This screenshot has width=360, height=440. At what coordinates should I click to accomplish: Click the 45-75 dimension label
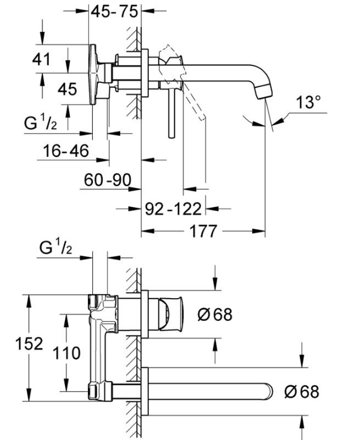click(x=114, y=11)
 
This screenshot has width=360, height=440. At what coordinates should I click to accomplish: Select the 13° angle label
click(x=308, y=102)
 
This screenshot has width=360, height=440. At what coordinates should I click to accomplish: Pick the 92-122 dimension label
click(x=174, y=208)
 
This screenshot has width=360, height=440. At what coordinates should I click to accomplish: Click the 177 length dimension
click(x=203, y=231)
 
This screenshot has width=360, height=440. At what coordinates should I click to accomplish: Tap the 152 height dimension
click(x=29, y=344)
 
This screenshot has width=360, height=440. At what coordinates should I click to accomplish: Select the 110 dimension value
click(x=67, y=353)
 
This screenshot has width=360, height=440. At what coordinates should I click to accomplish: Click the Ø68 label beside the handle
click(x=214, y=315)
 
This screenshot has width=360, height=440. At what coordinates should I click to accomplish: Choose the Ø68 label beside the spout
click(x=301, y=392)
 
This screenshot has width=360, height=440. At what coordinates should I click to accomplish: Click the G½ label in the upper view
click(x=40, y=123)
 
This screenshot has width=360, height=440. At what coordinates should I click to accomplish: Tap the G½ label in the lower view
click(x=56, y=248)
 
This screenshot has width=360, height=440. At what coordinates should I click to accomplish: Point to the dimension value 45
click(x=67, y=88)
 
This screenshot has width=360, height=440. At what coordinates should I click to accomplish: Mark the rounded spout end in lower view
click(x=268, y=391)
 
